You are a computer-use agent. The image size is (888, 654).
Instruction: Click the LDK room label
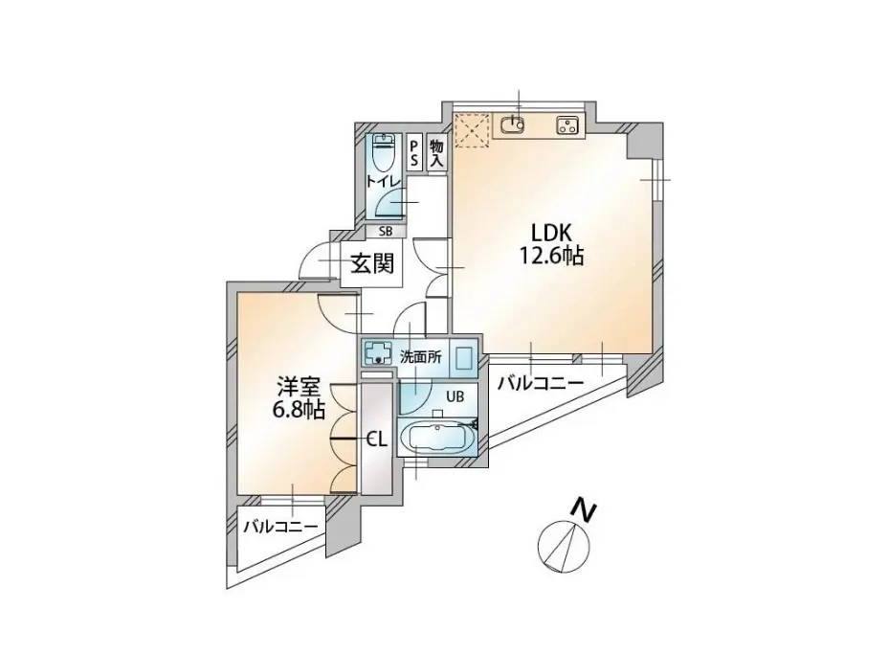(x=551, y=233)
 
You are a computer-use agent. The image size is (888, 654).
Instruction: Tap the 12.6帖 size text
(x=551, y=257)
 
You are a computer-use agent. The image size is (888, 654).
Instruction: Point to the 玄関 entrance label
(x=372, y=263)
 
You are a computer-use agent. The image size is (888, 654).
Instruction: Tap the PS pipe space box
(x=414, y=151)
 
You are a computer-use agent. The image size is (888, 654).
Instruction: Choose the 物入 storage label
(x=436, y=152)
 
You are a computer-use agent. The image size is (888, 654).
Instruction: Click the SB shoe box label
(x=385, y=231)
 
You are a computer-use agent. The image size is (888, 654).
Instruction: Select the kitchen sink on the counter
(x=514, y=124)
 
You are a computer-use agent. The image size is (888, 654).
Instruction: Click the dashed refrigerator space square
(x=472, y=130)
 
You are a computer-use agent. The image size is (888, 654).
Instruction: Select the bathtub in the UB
(x=435, y=438)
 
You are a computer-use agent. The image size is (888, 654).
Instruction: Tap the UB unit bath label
(x=455, y=396)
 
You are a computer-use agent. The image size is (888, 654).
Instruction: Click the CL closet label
(x=377, y=440)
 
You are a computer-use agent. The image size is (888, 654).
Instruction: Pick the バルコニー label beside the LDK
(x=541, y=384)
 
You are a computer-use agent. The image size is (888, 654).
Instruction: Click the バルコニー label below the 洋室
(x=281, y=527)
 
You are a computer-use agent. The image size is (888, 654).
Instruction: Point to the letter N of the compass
(x=584, y=509)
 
